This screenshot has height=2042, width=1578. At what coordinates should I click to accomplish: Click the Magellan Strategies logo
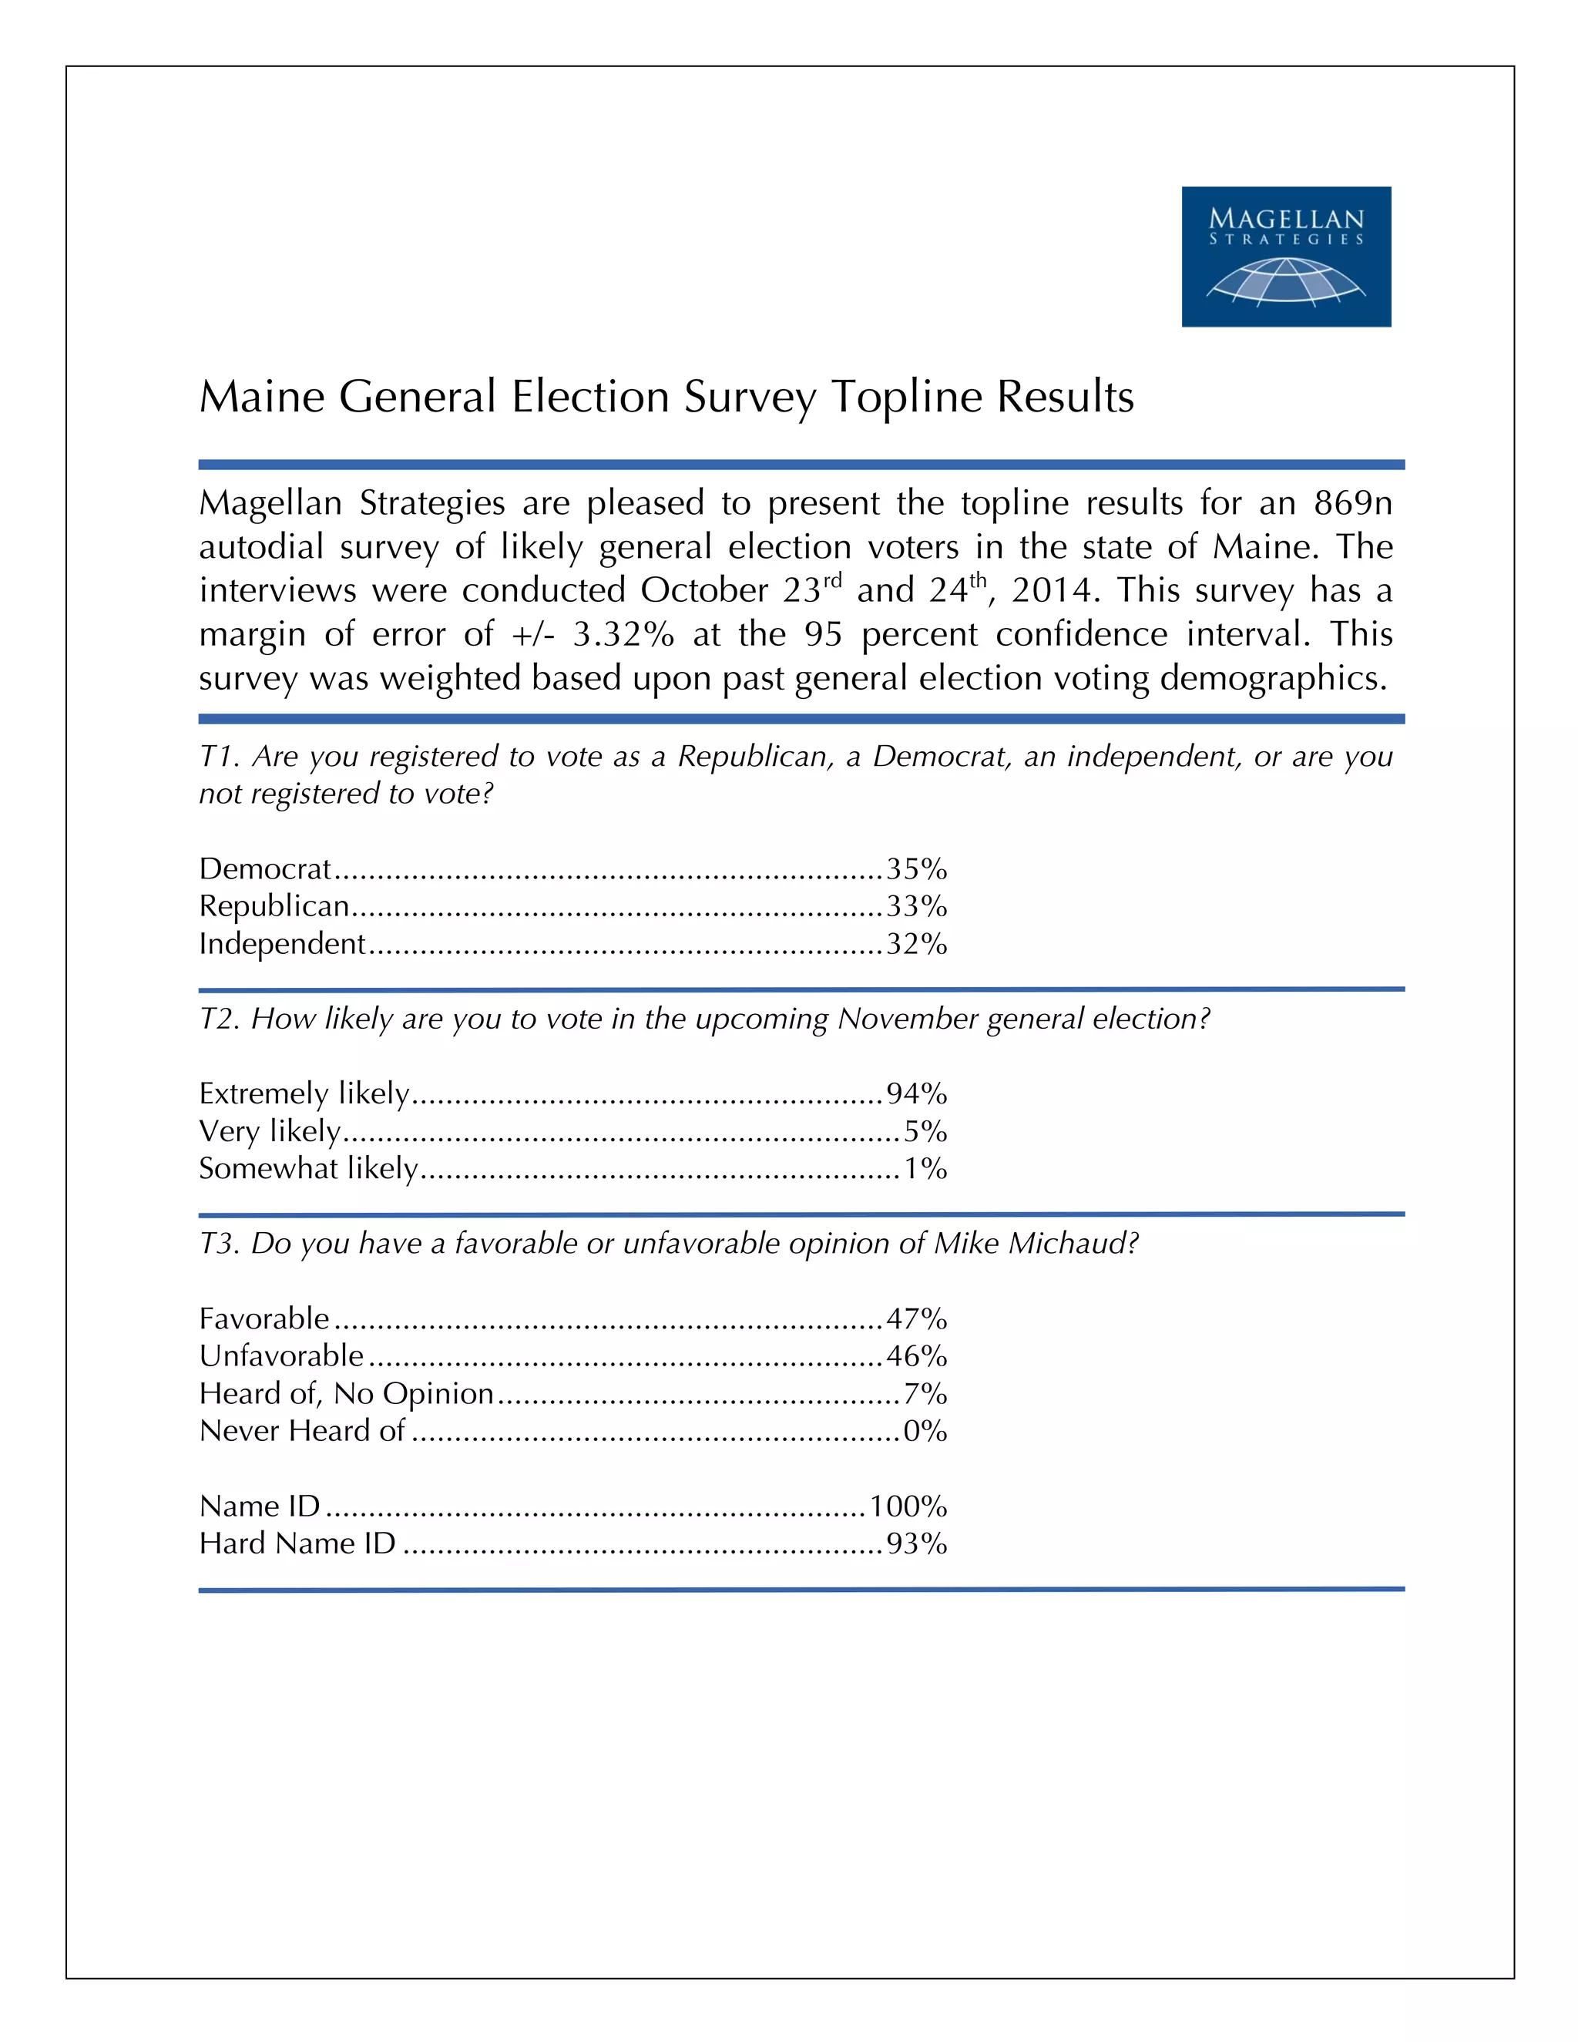[x=1285, y=256]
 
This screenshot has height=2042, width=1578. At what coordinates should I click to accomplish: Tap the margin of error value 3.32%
[x=623, y=635]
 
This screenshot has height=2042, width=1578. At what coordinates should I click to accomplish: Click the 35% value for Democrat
[x=916, y=869]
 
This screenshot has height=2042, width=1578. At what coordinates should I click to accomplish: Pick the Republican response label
[x=274, y=907]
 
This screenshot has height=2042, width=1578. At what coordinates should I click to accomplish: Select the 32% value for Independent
[x=916, y=945]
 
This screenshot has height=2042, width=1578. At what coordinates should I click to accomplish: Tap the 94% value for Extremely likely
[x=916, y=1094]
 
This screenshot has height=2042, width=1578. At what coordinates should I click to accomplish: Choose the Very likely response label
[x=269, y=1131]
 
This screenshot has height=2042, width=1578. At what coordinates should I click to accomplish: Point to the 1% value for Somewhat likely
[x=925, y=1169]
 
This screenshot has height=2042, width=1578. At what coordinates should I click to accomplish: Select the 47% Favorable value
[x=916, y=1319]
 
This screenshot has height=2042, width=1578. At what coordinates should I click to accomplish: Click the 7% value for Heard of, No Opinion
[x=925, y=1394]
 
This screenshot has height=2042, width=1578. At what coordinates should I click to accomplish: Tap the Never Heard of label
[x=302, y=1432]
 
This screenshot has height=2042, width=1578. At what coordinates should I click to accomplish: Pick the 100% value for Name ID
[x=908, y=1506]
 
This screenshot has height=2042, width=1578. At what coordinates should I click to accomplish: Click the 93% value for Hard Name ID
[x=916, y=1543]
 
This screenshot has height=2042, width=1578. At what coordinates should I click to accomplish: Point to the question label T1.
[x=220, y=757]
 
